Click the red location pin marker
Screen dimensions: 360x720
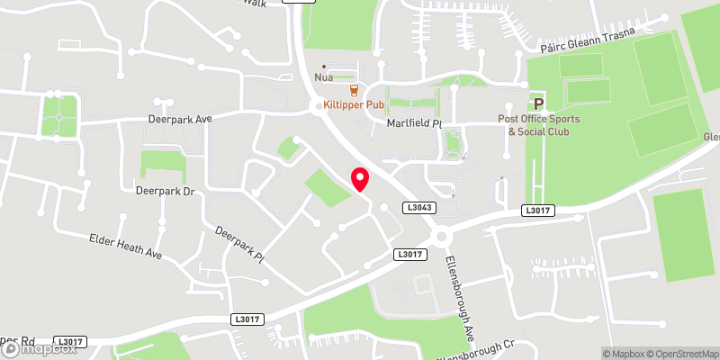[359, 179]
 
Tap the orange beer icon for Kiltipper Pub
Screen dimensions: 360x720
[354, 89]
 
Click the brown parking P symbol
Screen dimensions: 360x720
[539, 104]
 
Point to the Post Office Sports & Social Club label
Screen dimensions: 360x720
[539, 125]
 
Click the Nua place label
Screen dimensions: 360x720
[324, 78]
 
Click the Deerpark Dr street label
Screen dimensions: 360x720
[165, 192]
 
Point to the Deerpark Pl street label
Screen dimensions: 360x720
[238, 244]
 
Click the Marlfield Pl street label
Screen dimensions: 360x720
[415, 122]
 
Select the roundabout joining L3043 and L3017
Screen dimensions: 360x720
[441, 237]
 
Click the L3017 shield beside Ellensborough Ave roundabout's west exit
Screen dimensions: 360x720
[408, 256]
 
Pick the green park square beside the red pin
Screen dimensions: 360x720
[327, 187]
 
